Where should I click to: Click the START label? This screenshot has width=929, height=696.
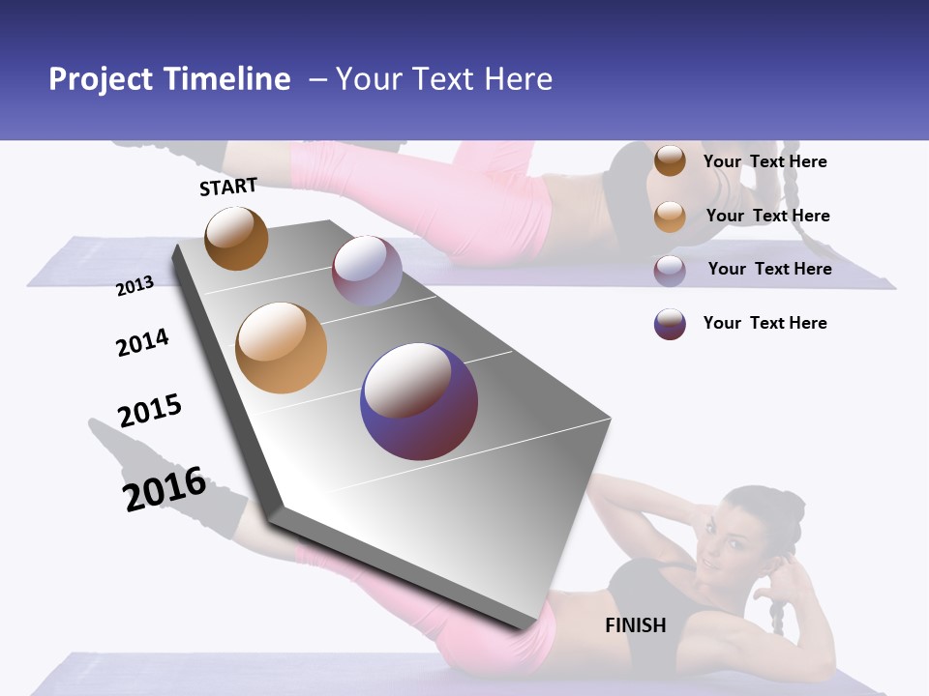228,187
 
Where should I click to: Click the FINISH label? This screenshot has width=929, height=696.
636,625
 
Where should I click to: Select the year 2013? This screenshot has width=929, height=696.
135,286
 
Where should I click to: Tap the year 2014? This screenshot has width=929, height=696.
142,342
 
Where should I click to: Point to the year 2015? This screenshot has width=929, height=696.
150,411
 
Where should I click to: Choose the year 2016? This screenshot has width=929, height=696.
165,489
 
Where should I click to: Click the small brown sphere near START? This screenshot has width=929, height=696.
236,238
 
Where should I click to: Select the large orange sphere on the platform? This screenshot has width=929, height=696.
281,348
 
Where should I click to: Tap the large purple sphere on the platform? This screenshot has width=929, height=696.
419,401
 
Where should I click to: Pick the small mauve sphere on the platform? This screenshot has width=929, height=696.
367,271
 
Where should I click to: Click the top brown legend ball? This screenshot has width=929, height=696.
670,160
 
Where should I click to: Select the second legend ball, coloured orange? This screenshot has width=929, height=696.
670,216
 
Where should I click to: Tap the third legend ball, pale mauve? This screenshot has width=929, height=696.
670,270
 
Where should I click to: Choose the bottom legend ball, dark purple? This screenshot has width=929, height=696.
670,323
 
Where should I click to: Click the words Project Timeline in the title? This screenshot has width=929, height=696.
169,79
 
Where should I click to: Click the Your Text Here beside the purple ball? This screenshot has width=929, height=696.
764,323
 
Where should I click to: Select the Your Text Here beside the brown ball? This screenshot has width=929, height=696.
764,161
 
